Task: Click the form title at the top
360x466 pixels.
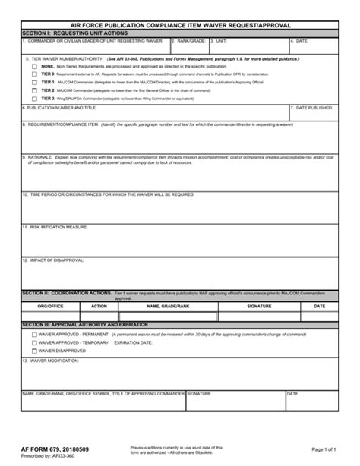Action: tap(179, 25)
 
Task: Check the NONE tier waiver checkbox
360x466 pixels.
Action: tap(34, 66)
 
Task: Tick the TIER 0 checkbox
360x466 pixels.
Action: tap(34, 74)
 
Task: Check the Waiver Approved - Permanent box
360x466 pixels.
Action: tap(34, 334)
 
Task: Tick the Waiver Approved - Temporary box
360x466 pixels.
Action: tap(34, 342)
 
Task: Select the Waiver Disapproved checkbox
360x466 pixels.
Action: tap(34, 351)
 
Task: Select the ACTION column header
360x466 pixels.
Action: tap(99, 306)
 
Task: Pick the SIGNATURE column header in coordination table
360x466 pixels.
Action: tap(259, 306)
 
